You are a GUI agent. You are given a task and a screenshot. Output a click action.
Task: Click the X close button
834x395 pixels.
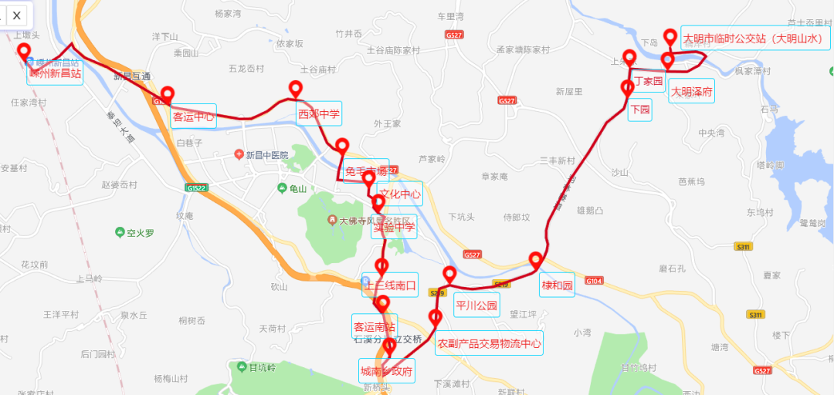click(x=15, y=15)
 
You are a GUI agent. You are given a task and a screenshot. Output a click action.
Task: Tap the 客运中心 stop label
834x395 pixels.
click(x=192, y=118)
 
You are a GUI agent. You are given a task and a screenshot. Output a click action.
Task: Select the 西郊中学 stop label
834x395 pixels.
click(x=319, y=116)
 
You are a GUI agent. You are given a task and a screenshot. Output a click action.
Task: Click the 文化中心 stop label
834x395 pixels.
click(x=400, y=194)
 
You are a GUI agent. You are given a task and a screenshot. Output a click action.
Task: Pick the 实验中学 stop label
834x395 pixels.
click(x=394, y=227)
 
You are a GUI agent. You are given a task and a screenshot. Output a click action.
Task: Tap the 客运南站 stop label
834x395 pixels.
click(x=375, y=324)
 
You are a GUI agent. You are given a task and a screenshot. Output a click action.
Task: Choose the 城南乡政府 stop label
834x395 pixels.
click(x=386, y=370)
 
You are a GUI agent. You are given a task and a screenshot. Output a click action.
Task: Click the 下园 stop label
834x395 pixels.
click(x=641, y=110)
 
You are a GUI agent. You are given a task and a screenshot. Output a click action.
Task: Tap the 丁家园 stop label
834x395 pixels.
click(x=648, y=81)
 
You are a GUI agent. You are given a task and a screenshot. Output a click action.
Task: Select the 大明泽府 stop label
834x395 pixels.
click(x=691, y=92)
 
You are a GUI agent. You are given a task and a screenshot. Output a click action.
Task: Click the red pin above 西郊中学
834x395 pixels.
click(x=295, y=89)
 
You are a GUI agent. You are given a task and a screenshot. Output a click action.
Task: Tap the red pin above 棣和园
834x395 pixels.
click(x=535, y=260)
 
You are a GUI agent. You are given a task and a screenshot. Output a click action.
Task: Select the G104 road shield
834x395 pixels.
click(x=594, y=281)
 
